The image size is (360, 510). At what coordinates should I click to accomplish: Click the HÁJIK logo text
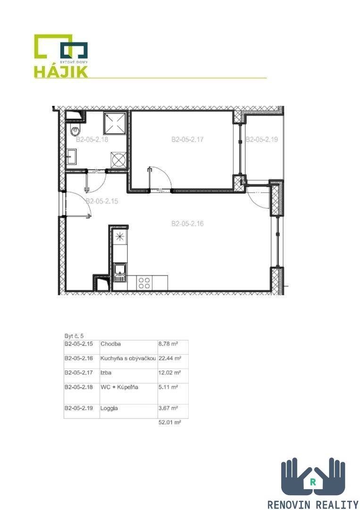click(x=61, y=72)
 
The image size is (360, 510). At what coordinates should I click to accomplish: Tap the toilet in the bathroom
click(x=75, y=131)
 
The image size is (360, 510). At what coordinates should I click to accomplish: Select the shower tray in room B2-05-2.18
click(x=115, y=123)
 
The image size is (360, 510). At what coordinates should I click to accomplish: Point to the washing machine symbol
click(x=118, y=160)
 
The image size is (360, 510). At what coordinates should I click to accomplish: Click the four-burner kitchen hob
click(x=144, y=283)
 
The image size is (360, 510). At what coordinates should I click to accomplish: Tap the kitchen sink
click(x=120, y=272)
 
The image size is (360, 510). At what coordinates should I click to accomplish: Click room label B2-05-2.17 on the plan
click(x=187, y=139)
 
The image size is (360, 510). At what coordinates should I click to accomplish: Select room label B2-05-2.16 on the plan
click(x=187, y=223)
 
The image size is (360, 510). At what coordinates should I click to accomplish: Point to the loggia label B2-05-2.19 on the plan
click(x=262, y=139)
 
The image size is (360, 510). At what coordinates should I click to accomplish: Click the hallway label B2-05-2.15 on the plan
click(x=102, y=201)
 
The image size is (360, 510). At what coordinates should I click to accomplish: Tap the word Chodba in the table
click(x=110, y=344)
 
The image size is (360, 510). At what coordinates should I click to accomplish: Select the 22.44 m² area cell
click(x=169, y=358)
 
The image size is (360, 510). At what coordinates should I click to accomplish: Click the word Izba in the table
click(x=106, y=373)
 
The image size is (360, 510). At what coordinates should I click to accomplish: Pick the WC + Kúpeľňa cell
click(x=119, y=387)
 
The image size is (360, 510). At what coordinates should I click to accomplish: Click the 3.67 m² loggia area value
click(x=168, y=408)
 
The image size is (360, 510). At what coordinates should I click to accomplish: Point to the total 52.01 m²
click(x=169, y=423)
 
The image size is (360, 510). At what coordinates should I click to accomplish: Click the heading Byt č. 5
click(x=74, y=336)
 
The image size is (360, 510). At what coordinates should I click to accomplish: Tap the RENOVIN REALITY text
click(x=313, y=504)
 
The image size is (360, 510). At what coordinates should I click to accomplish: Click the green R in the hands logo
click(x=312, y=482)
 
